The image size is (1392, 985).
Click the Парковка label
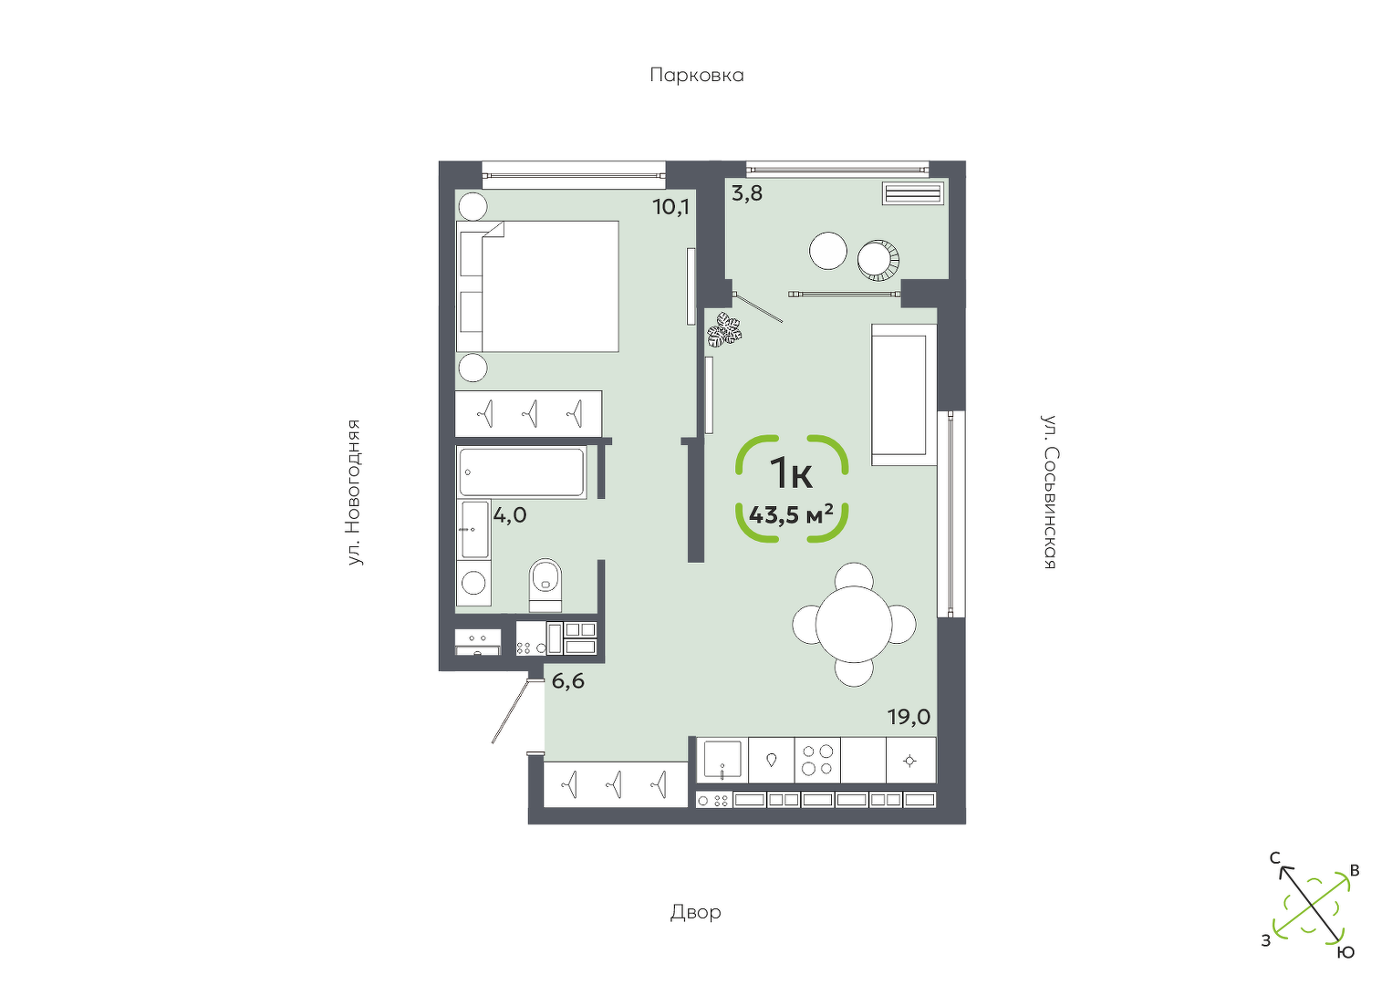click(x=697, y=76)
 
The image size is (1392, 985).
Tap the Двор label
click(x=695, y=912)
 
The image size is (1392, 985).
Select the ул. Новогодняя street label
click(x=354, y=493)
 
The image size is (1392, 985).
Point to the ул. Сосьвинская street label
click(x=1049, y=492)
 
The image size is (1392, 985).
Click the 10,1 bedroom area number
click(x=671, y=206)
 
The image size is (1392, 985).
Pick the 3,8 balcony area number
click(x=747, y=193)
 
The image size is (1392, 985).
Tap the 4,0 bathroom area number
click(x=510, y=514)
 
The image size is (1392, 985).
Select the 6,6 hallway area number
click(x=568, y=681)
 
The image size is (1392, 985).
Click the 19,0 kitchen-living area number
click(x=909, y=717)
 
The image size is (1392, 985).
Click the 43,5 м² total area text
click(x=791, y=515)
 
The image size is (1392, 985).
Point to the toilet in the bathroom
click(x=545, y=585)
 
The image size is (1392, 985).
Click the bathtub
click(x=522, y=472)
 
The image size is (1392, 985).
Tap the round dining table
click(x=854, y=624)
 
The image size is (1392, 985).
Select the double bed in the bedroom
click(x=537, y=286)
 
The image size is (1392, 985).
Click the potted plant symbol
click(x=724, y=329)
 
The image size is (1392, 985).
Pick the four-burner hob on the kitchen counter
click(x=817, y=760)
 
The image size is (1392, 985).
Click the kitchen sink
click(x=722, y=760)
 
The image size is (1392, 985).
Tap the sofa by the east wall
click(x=904, y=395)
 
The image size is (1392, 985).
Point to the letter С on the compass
click(x=1274, y=859)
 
